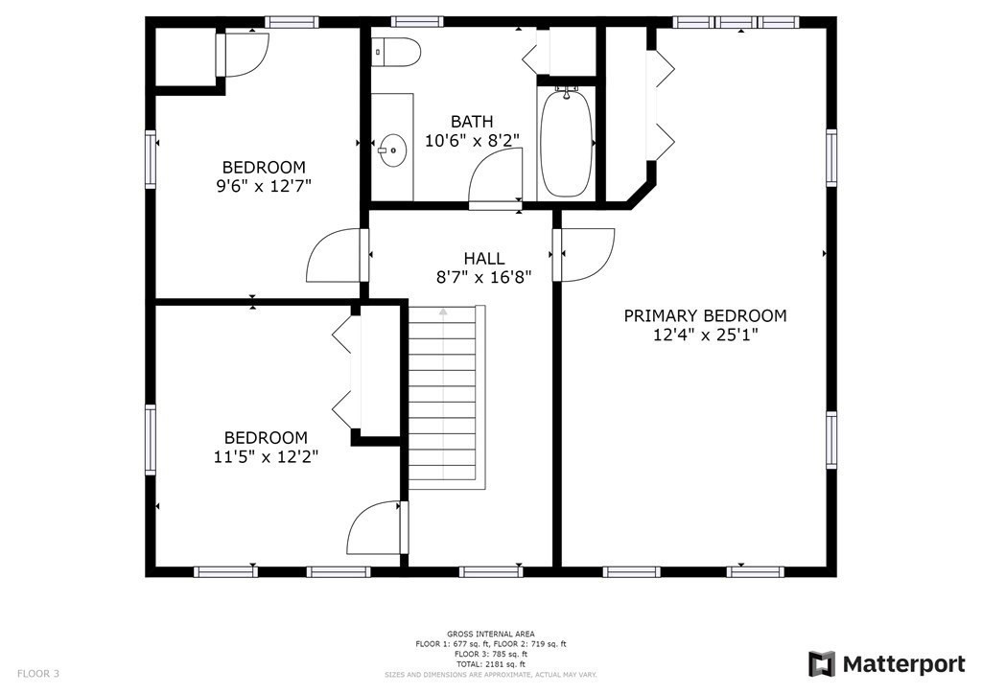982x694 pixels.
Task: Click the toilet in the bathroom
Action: pyautogui.click(x=397, y=53)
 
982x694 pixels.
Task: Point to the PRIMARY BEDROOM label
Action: pyautogui.click(x=705, y=315)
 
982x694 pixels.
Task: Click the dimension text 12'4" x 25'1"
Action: pyautogui.click(x=705, y=335)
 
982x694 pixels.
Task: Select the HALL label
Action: pyautogui.click(x=484, y=258)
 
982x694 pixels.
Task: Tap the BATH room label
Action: pyautogui.click(x=472, y=122)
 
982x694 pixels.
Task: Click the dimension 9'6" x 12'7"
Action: pyautogui.click(x=264, y=185)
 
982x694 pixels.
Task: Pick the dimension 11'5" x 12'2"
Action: pyautogui.click(x=266, y=456)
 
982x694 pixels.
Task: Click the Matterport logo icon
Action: pyautogui.click(x=822, y=664)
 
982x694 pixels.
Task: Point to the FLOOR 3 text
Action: pyautogui.click(x=38, y=674)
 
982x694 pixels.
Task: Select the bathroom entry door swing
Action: pyautogui.click(x=497, y=178)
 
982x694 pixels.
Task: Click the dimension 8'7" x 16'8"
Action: pyautogui.click(x=484, y=277)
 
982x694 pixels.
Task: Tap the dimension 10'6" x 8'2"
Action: pyautogui.click(x=472, y=140)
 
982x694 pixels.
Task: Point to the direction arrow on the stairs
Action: pyautogui.click(x=443, y=312)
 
